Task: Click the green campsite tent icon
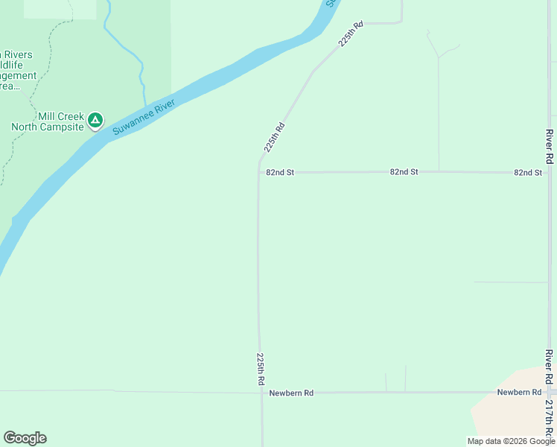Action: (x=95, y=120)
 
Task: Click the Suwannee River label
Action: (x=143, y=116)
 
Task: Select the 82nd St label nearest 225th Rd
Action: (x=280, y=172)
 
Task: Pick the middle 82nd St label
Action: (x=404, y=171)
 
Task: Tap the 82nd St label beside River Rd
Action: (x=527, y=172)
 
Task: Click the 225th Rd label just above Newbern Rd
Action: (x=261, y=368)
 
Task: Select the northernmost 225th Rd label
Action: (x=351, y=35)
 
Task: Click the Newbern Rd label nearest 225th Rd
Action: (x=291, y=393)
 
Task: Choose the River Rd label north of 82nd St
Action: (x=549, y=147)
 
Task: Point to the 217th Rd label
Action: (x=549, y=419)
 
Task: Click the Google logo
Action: (x=25, y=438)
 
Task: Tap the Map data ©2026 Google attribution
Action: (x=511, y=441)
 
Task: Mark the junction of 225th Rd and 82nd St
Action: (x=258, y=172)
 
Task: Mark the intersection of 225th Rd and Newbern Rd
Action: (x=261, y=392)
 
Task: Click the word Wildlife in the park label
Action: (x=16, y=65)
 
